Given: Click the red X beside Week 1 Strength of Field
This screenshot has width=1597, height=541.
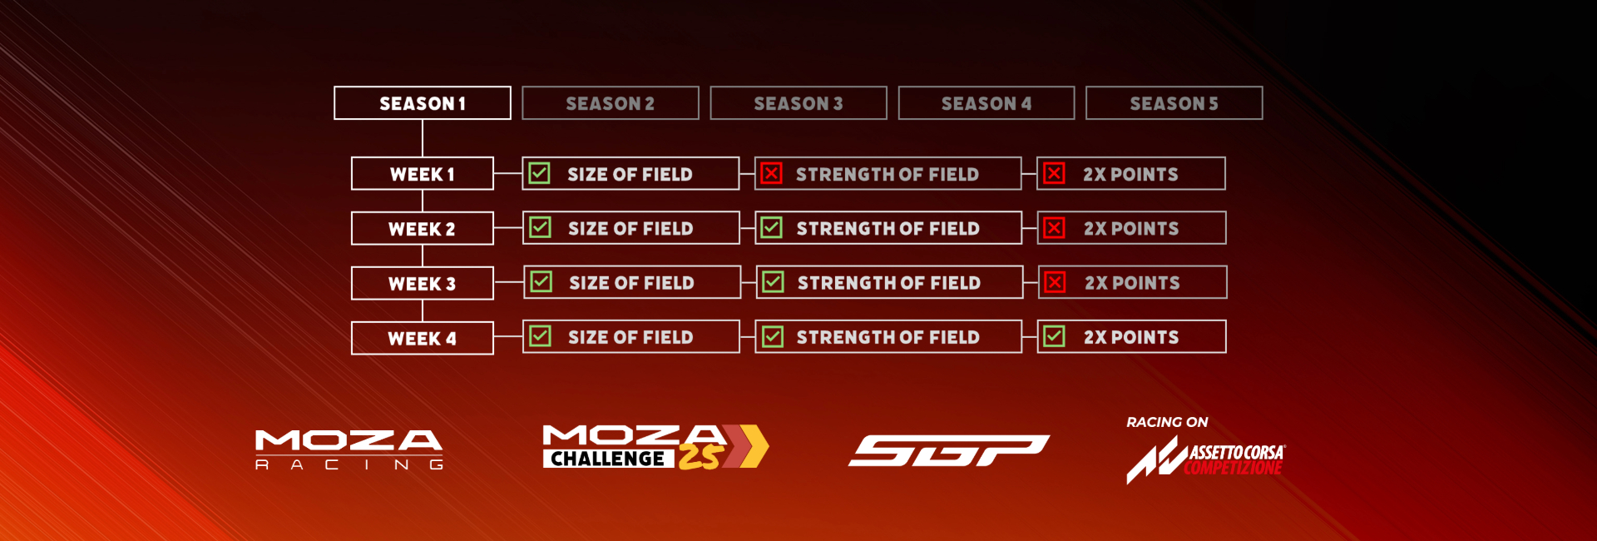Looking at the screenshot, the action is pos(772,173).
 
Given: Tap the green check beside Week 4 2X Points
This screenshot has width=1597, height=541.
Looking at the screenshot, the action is pos(1055,336).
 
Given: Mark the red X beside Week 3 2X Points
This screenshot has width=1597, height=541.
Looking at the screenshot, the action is pos(1055,282).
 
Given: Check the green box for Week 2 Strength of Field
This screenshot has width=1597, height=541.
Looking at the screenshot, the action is pos(772,227).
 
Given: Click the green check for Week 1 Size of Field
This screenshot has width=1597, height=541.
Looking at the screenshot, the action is pos(540,173).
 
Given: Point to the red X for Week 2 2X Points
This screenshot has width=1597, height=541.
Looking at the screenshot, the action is pos(1055,227).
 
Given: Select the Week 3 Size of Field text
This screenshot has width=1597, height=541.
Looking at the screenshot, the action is pos(631,283).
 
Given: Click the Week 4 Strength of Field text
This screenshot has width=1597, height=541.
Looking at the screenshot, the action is pos(888,337).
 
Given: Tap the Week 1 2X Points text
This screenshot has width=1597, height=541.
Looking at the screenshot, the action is pos(1130,174).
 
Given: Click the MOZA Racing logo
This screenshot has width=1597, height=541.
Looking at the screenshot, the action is pos(349,449).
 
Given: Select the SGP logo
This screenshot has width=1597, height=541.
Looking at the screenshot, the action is pos(949,450).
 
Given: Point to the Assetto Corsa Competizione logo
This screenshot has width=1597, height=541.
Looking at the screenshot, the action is pos(1206,460).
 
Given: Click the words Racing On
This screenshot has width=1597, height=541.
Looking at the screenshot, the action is pos(1167,422).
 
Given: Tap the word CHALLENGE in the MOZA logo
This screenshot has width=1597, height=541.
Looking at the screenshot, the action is pos(608,459).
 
